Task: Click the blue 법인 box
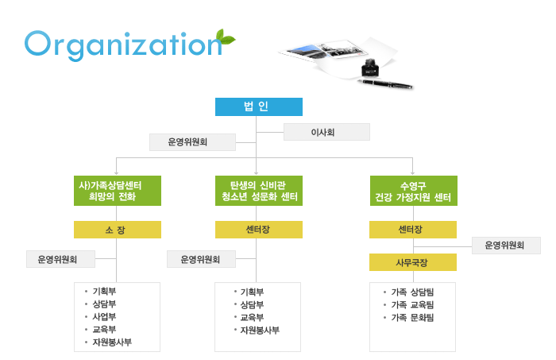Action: point(259,106)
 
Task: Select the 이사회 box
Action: point(326,132)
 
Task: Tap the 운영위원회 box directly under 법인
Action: point(192,142)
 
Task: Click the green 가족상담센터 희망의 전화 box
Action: point(118,191)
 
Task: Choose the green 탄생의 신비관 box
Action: point(259,191)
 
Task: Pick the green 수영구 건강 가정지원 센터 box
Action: point(414,191)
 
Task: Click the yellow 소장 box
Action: point(118,230)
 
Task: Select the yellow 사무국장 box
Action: point(413,262)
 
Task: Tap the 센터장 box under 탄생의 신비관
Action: point(259,230)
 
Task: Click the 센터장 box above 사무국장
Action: point(413,230)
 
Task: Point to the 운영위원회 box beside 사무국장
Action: point(507,246)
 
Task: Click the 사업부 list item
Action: point(104,317)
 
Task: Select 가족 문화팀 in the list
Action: point(412,317)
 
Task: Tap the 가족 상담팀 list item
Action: point(412,292)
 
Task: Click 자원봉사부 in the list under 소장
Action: point(112,343)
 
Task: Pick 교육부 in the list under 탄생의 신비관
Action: point(252,317)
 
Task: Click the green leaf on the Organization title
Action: point(226,37)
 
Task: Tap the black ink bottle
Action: point(370,68)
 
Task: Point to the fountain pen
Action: point(385,83)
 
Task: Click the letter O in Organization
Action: point(38,43)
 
